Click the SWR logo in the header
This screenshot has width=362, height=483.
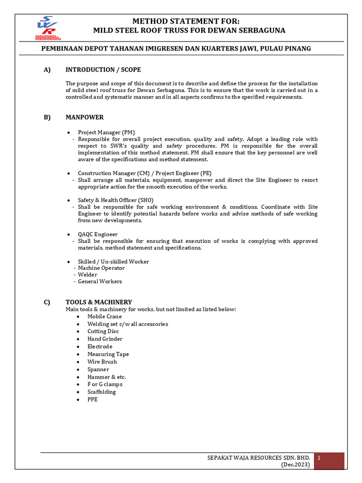pos(47,29)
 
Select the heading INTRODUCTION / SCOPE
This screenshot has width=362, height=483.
pos(103,70)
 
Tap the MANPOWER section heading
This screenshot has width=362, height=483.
pos(84,117)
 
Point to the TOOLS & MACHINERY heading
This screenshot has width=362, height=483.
pos(99,302)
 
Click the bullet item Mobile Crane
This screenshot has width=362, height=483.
pos(104,316)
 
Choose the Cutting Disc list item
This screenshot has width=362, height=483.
pos(103,332)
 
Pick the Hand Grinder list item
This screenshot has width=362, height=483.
pos(105,339)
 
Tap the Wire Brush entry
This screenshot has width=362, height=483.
pos(102,362)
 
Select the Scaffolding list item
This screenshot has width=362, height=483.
pos(101,392)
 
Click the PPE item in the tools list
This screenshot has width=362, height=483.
pos(92,400)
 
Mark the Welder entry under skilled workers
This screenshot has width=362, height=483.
pos(88,275)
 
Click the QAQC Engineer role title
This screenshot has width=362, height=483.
pos(98,234)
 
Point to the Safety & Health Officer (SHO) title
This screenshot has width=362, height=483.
pos(115,200)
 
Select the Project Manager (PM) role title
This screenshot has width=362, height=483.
pos(107,133)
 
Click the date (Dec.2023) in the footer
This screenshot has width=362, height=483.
pos(296,465)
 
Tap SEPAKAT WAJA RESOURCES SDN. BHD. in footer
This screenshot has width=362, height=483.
pos(259,458)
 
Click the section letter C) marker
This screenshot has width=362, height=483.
pos(47,302)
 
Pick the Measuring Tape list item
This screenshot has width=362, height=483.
pos(108,354)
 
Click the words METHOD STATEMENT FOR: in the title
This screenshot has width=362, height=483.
pos(186,22)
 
